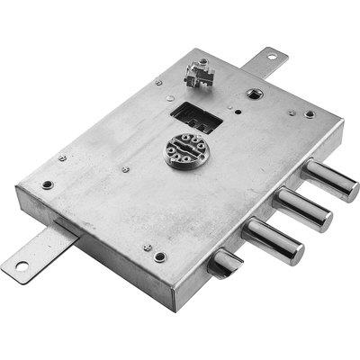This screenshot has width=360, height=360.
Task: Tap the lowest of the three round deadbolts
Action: click(273, 240)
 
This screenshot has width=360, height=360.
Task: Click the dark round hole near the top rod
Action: click(253, 93)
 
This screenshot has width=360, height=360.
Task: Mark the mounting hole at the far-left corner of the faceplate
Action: click(47, 185)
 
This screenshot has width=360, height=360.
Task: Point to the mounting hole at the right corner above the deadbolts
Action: click(310, 115)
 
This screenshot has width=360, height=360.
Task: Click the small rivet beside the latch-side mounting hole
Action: click(147, 247)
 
